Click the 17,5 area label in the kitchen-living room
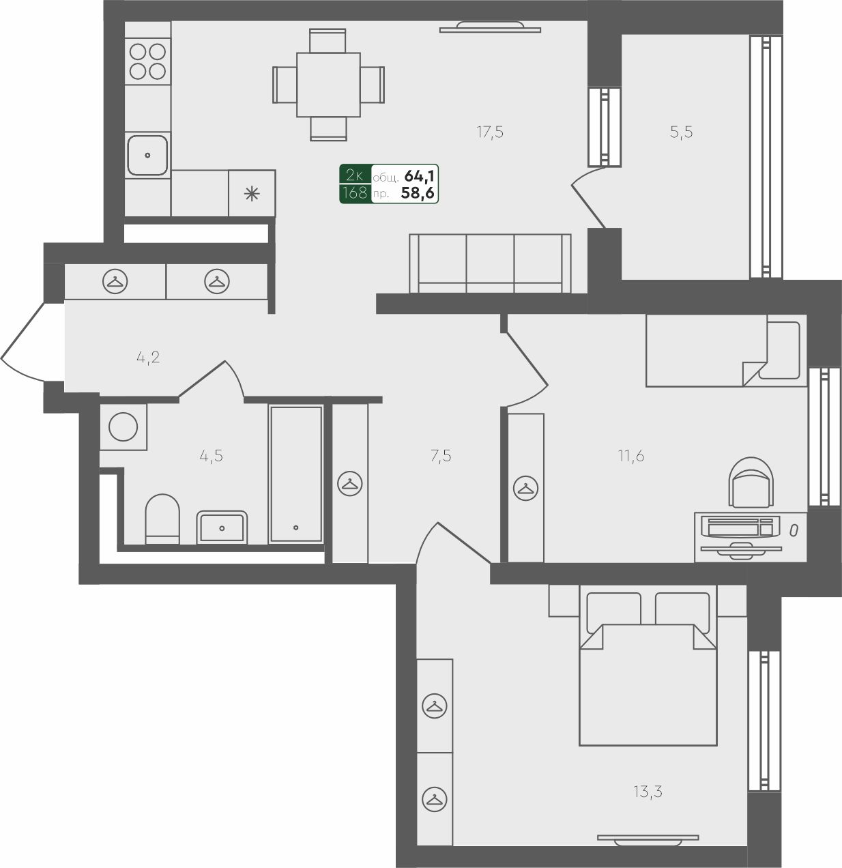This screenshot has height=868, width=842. [x=490, y=132]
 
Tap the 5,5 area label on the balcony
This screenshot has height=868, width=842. [x=681, y=132]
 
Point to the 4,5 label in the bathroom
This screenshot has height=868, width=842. [x=211, y=456]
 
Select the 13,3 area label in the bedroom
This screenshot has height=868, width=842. [x=648, y=792]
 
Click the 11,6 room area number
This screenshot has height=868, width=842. [x=631, y=456]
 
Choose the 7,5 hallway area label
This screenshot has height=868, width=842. [x=441, y=456]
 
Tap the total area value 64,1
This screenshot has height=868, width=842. [x=419, y=177]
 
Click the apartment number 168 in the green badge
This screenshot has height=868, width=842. [x=355, y=193]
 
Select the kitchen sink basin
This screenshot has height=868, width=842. [x=147, y=155]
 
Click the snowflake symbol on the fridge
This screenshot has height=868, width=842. [x=252, y=194]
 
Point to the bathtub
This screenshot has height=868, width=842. [x=295, y=474]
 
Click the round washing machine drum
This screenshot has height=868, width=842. [x=123, y=427]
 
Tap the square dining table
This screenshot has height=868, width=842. [x=328, y=85]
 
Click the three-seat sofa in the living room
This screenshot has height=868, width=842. [x=490, y=263]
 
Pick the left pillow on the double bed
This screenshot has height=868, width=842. [x=614, y=612]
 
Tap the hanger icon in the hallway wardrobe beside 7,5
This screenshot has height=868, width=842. [x=350, y=484]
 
